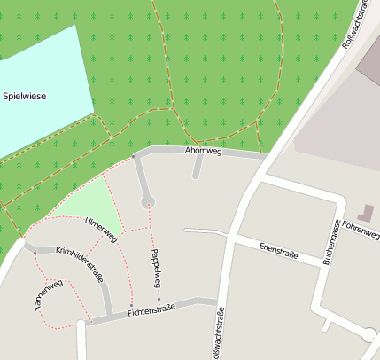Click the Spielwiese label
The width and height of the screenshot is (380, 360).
pos(24,95)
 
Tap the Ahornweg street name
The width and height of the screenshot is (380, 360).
pos(202,151)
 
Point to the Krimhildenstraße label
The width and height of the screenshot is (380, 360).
pos(80,265)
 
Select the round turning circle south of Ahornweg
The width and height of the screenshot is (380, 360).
pos(148,202)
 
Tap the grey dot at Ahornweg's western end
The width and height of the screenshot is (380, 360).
pos(134,157)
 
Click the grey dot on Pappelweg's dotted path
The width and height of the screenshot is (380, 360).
pos(159,299)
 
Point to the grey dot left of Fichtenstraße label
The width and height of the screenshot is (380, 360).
pos(130,306)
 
